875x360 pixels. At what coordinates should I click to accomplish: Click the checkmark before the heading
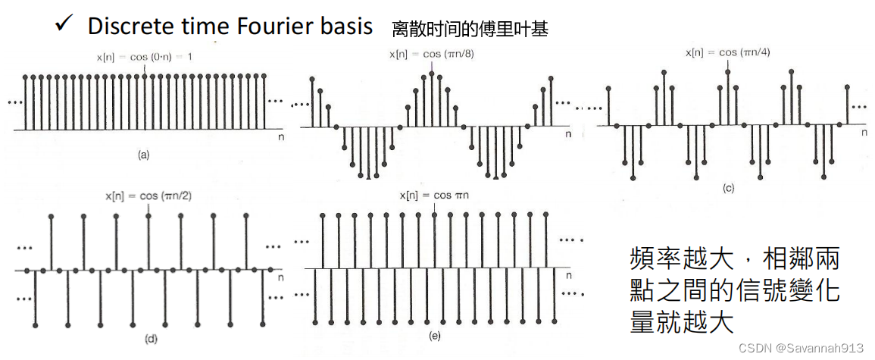[62, 24]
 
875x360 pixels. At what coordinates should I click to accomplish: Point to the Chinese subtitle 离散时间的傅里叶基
[469, 30]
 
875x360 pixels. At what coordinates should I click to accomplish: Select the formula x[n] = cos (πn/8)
[432, 54]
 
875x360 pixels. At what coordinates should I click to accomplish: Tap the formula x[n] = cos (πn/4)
[728, 52]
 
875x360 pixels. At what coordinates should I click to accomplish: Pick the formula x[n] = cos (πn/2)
[149, 196]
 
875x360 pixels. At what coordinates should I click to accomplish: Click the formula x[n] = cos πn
[434, 196]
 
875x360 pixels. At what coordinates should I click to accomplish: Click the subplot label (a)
[143, 155]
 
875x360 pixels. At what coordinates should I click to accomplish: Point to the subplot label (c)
[729, 189]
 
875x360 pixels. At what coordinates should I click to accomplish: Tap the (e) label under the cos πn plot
[434, 334]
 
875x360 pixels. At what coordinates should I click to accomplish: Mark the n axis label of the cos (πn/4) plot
[863, 132]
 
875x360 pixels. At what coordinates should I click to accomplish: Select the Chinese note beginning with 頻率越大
[735, 291]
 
